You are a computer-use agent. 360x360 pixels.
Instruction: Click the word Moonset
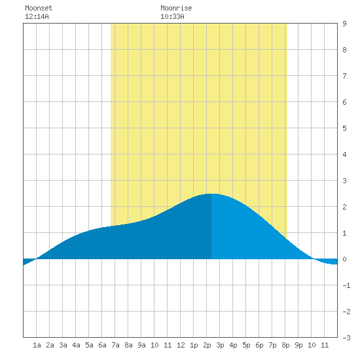pos(39,8)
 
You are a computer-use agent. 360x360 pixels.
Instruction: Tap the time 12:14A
pos(37,16)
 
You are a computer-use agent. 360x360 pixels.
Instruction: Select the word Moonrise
pos(176,8)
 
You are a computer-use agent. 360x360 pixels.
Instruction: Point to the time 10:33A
pos(172,16)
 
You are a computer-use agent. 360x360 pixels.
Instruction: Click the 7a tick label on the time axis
pos(115,345)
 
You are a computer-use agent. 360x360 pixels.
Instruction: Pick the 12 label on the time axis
pos(181,345)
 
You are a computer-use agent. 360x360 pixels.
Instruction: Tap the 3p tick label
pos(220,345)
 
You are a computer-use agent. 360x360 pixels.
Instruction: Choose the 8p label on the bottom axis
pos(285,345)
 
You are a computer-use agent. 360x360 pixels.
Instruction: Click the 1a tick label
pos(37,345)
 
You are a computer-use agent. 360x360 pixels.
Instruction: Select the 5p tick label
pos(246,345)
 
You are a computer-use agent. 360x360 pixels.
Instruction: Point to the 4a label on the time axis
pos(76,345)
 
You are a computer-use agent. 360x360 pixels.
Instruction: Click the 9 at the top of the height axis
pos(344,24)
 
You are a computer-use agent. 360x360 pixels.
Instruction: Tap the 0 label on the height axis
pos(344,259)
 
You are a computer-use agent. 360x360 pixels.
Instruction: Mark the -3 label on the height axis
pos(346,338)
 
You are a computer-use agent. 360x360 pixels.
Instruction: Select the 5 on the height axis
pos(344,128)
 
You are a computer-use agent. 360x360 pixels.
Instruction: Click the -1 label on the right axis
pos(346,285)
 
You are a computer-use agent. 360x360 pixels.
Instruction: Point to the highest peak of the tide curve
pos(211,194)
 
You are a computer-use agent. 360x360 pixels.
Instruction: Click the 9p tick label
pos(298,345)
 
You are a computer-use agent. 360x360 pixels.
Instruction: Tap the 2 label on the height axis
pos(344,207)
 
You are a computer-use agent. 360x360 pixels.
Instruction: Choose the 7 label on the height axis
pos(344,76)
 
